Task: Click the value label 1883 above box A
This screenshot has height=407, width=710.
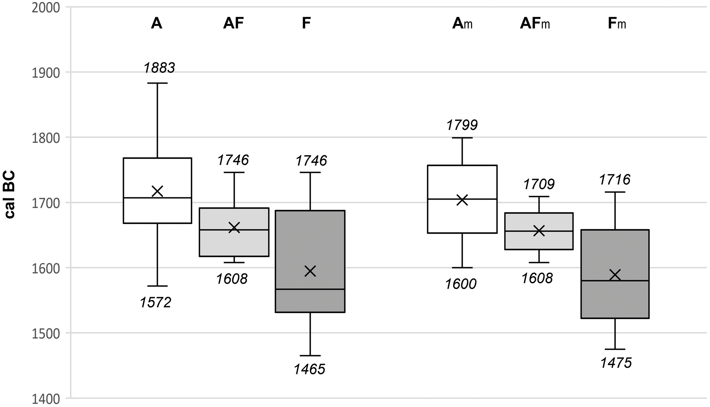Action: coord(160,68)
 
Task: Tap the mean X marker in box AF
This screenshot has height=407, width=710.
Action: coord(234,228)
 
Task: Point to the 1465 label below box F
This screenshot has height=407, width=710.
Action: coord(310,369)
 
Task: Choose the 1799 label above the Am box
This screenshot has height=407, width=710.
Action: coord(462,125)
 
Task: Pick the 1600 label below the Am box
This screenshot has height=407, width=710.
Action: coord(461,284)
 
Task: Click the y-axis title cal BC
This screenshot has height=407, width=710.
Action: coord(10,195)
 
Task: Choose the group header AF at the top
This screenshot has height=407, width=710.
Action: coord(233,23)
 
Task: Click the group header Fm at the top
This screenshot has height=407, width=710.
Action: coord(617,24)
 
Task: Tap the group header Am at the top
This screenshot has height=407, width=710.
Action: coord(462,24)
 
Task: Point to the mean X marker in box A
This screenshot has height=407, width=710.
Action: coord(157,191)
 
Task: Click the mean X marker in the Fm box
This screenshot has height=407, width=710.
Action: coord(615,275)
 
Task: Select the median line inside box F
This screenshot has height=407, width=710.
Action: coord(310,289)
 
